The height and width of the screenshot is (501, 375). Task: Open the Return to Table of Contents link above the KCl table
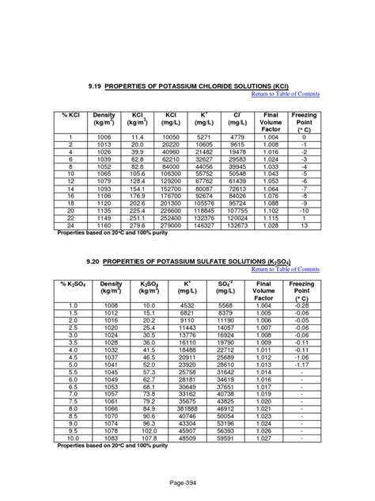(x=285, y=94)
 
